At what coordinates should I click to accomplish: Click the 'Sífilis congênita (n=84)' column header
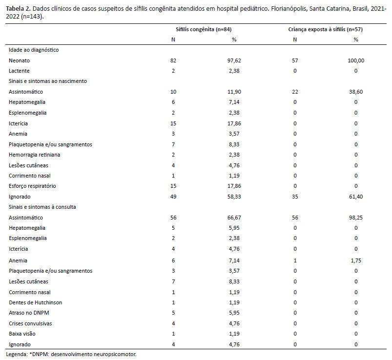[204, 29]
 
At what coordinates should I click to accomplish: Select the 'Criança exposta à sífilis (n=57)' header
[325, 29]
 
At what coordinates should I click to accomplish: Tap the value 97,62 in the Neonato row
[234, 60]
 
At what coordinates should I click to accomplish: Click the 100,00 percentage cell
[356, 60]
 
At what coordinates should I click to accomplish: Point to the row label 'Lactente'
[19, 71]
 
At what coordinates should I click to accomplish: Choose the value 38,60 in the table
[356, 92]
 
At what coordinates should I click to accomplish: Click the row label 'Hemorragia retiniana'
[35, 155]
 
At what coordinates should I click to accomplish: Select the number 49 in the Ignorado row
[173, 197]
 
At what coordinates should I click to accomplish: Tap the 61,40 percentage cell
[356, 197]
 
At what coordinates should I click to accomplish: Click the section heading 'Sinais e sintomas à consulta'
[42, 207]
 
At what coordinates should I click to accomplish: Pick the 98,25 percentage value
[356, 218]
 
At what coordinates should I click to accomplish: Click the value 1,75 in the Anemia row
[356, 261]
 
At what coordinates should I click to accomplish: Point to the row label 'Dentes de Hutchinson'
[36, 303]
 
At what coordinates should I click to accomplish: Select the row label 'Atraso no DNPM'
[29, 313]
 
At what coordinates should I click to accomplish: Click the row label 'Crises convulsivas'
[30, 324]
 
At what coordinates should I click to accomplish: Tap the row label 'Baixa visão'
[22, 334]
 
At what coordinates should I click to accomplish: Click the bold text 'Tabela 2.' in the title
[19, 9]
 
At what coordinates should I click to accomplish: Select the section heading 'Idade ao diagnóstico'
[34, 50]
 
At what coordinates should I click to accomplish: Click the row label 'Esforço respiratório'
[32, 186]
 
